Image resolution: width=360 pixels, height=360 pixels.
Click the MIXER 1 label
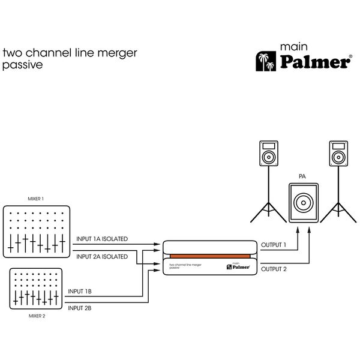point(36,199)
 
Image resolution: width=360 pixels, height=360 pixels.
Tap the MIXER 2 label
point(36,313)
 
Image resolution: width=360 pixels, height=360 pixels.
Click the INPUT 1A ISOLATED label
point(102,239)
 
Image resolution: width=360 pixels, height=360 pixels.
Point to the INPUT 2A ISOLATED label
point(102,257)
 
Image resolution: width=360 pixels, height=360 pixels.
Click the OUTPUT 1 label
point(274,245)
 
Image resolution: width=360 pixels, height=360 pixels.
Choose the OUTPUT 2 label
point(274,269)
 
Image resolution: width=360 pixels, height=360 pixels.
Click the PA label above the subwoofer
point(303,177)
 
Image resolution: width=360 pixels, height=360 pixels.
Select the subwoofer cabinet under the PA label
point(304,204)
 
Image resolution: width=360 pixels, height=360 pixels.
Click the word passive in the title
point(23,65)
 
